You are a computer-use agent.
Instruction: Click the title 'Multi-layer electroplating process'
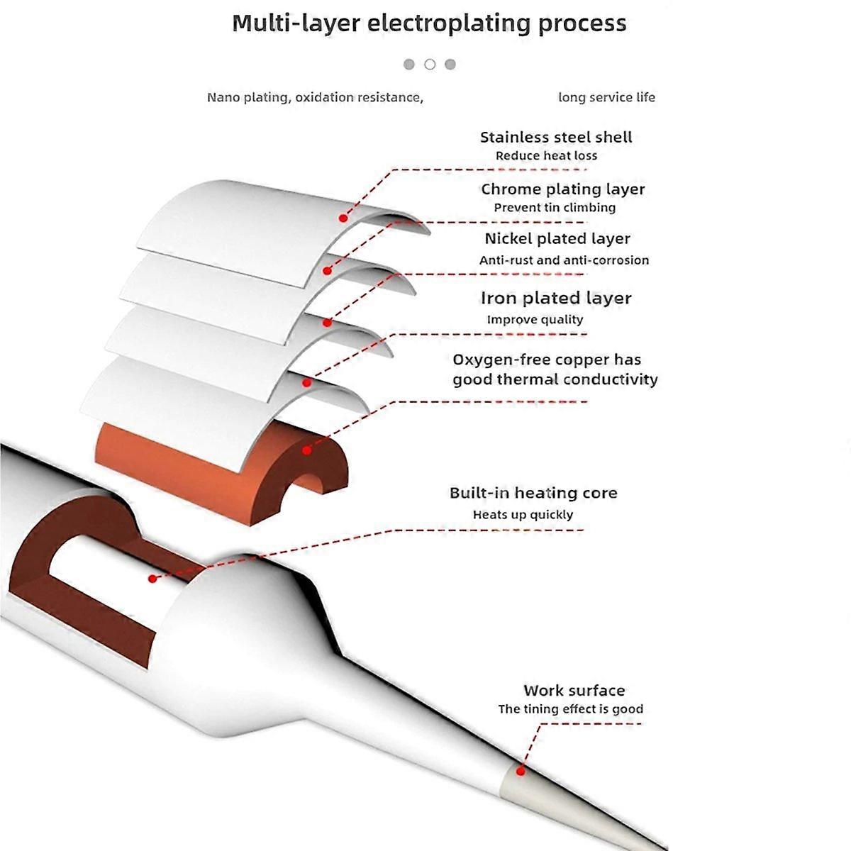click(429, 23)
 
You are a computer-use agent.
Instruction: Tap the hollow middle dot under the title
click(430, 65)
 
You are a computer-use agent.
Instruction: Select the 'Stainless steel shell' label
click(556, 138)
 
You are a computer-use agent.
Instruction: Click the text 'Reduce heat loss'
click(546, 156)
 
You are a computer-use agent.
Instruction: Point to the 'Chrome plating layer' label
click(563, 189)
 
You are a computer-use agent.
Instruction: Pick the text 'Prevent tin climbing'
click(555, 208)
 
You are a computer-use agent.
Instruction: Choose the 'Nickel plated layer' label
click(557, 239)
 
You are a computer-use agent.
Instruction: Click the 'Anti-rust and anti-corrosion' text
click(564, 260)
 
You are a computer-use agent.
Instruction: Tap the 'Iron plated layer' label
click(556, 299)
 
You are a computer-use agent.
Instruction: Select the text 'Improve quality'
click(535, 320)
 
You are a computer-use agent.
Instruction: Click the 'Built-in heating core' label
click(533, 493)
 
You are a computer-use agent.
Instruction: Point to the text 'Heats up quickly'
click(523, 515)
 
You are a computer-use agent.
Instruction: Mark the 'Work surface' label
click(574, 691)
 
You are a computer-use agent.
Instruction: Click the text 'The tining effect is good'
click(570, 709)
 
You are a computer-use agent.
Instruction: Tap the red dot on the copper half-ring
click(306, 450)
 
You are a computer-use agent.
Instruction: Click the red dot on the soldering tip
click(521, 771)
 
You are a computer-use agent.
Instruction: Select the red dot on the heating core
click(152, 579)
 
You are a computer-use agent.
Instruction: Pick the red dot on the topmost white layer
click(343, 218)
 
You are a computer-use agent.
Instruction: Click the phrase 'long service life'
click(606, 98)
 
